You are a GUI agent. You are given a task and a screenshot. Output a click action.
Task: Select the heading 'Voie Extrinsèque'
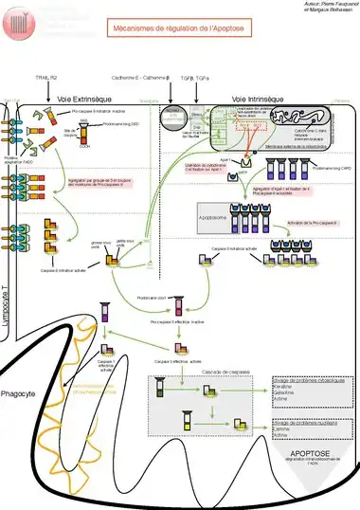(x=83, y=99)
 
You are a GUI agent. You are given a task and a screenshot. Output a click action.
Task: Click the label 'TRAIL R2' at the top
(x=46, y=73)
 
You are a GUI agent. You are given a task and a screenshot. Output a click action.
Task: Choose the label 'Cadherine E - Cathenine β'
(x=141, y=73)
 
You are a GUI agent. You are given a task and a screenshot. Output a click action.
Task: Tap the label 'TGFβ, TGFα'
(x=195, y=73)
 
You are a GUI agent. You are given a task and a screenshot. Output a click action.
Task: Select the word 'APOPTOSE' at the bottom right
(x=313, y=454)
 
